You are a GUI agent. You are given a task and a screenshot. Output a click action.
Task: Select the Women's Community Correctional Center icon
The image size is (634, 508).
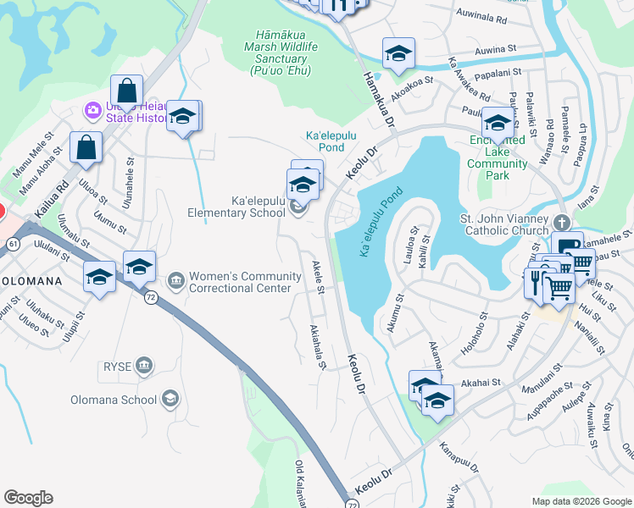point(176,279)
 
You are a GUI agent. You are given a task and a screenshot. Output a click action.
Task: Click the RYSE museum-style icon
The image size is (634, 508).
point(144,366)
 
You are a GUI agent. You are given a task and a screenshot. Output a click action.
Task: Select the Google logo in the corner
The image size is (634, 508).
point(28,498)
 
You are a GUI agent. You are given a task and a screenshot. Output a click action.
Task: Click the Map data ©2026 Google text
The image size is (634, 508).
point(581,501)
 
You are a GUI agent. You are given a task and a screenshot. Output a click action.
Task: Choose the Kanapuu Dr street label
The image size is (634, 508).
point(459,456)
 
